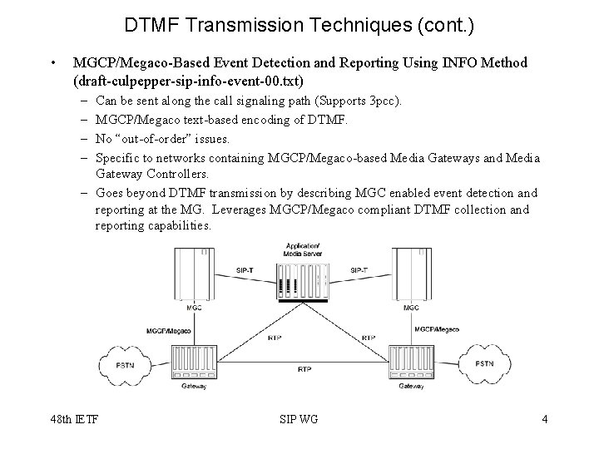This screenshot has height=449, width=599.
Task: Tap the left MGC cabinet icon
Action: tap(193, 274)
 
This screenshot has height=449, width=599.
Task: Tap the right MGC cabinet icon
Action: tap(410, 274)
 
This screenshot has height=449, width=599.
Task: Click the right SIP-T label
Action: tap(359, 269)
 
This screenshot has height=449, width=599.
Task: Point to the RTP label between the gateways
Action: tap(304, 368)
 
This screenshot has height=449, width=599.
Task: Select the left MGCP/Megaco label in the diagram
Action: tap(170, 330)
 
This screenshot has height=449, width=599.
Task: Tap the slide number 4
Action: tap(544, 419)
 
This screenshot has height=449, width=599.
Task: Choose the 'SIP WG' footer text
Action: tap(300, 419)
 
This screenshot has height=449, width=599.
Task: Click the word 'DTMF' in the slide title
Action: tap(152, 26)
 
